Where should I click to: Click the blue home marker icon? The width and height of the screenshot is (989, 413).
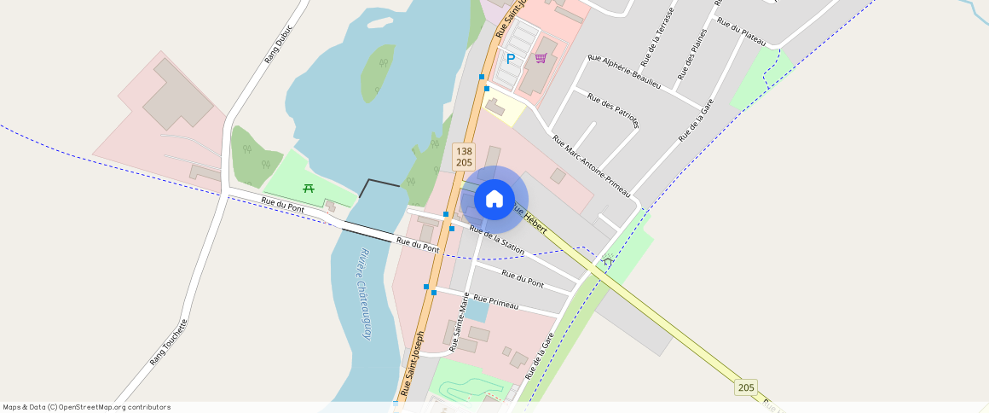tap(494, 200)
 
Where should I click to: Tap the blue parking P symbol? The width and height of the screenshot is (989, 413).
tap(511, 59)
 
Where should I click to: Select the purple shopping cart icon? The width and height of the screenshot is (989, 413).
tap(541, 58)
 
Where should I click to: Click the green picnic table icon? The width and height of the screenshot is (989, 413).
tap(309, 188)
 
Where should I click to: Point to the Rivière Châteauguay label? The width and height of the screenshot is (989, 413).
tap(365, 294)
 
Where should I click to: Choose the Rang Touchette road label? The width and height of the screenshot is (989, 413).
tap(168, 342)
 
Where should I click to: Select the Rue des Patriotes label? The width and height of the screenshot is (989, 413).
tap(613, 110)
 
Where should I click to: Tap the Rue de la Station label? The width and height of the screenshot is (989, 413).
tap(496, 240)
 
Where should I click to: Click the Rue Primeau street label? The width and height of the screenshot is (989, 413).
tap(496, 300)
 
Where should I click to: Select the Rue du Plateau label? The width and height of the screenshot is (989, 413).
tap(741, 32)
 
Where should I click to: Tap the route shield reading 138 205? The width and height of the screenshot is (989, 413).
tap(464, 156)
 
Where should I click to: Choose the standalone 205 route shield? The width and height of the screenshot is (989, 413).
tap(746, 387)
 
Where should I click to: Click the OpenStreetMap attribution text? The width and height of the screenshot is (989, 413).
tap(86, 407)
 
